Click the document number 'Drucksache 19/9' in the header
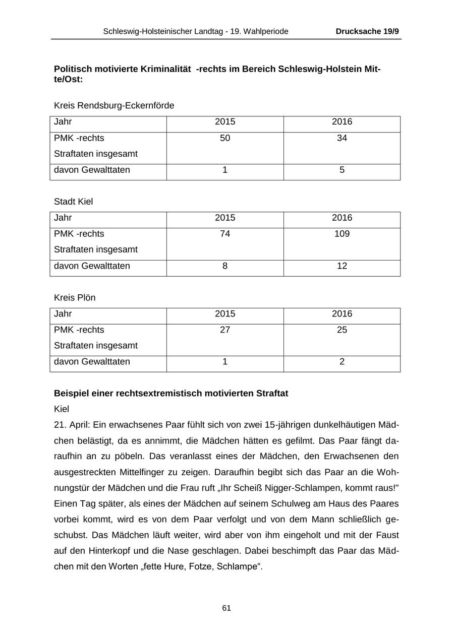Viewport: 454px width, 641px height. (367, 31)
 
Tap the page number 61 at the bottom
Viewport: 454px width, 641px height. (226, 608)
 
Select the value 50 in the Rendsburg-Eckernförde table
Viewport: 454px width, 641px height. (225, 138)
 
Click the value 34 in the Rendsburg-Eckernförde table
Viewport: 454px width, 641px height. (342, 138)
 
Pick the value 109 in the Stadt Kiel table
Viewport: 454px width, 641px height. (342, 234)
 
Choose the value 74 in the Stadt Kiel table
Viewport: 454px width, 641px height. (225, 234)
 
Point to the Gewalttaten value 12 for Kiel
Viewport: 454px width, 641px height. (342, 266)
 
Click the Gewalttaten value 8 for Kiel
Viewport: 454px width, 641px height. (225, 266)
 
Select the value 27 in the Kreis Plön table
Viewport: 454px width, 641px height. (225, 330)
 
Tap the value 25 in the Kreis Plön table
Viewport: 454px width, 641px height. (342, 330)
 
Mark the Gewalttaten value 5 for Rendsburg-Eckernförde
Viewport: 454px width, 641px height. (342, 170)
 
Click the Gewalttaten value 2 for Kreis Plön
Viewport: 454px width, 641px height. (342, 361)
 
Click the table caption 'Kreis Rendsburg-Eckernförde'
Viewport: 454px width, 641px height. (114, 106)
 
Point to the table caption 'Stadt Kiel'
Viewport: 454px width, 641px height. (74, 202)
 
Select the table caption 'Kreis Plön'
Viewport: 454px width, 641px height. (75, 298)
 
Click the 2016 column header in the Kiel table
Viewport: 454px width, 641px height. (342, 218)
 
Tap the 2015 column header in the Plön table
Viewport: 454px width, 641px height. (225, 313)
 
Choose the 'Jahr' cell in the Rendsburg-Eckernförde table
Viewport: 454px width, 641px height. (63, 122)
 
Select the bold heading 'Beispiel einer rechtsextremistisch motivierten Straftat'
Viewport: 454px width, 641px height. (171, 394)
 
